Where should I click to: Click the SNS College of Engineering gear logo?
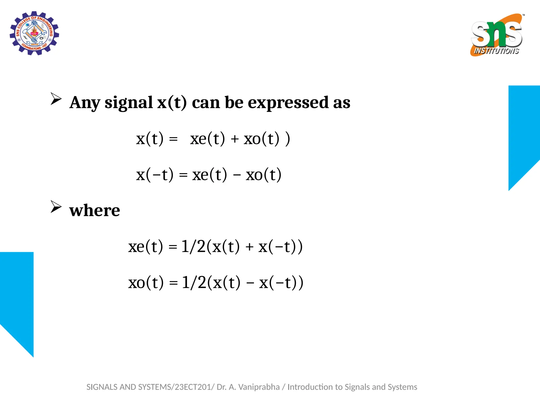point(34,33)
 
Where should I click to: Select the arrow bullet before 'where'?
point(56,207)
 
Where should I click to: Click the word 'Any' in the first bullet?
point(85,103)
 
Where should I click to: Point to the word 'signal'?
point(129,103)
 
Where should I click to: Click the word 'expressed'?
point(288,103)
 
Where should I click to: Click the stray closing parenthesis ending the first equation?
point(288,139)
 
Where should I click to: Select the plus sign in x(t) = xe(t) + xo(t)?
point(234,139)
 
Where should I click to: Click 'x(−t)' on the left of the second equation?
point(155,175)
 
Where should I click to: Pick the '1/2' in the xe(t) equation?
point(193,247)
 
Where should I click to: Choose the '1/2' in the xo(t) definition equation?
point(194,283)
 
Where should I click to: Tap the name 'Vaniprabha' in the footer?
point(259,387)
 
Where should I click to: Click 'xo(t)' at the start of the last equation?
point(146,283)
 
